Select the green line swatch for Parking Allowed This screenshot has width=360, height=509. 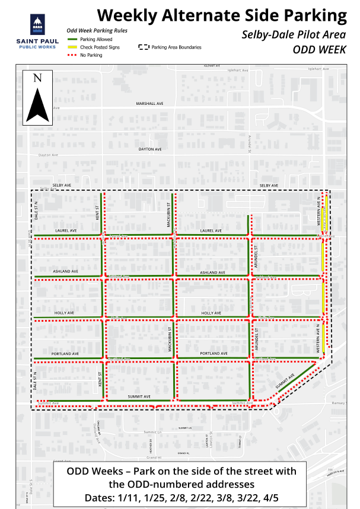pos(72,38)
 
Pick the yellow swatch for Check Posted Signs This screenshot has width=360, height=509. pos(72,47)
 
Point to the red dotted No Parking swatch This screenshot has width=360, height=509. pos(72,55)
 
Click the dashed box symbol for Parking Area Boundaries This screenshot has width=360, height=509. pos(144,47)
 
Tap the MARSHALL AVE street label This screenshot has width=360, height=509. pos(149,104)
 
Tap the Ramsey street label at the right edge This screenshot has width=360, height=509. pos(339,402)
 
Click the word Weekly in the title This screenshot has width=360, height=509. pos(129,15)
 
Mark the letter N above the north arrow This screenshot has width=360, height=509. pos(37,78)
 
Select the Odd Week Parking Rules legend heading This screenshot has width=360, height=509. pos(97,30)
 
